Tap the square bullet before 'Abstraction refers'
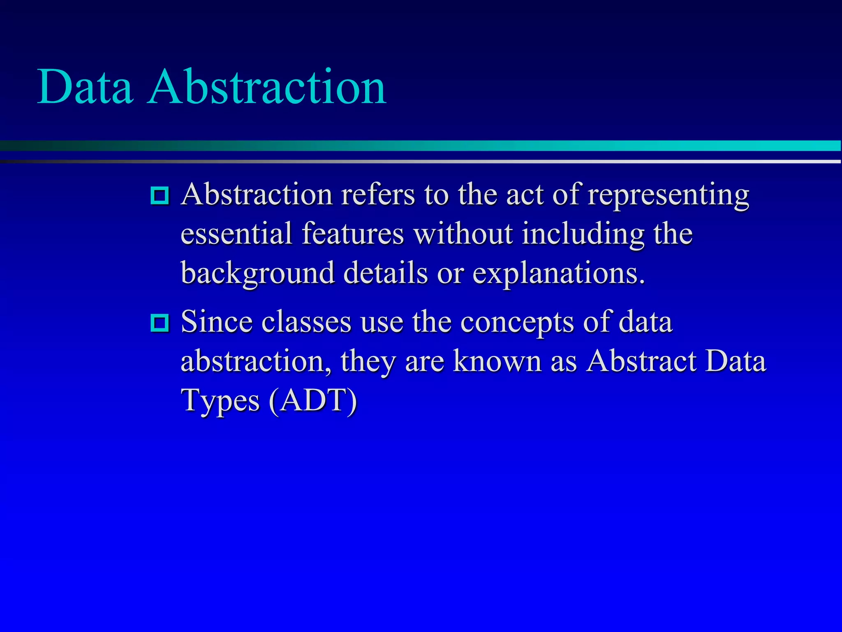click(160, 195)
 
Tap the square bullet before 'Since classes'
click(160, 323)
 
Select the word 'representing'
click(668, 195)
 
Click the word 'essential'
click(236, 234)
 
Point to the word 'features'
click(353, 234)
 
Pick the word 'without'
click(463, 234)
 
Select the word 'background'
click(258, 274)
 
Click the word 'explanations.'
click(558, 274)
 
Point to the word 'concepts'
click(517, 323)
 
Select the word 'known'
click(497, 361)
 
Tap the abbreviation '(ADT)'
click(313, 400)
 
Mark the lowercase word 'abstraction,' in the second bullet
click(256, 361)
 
